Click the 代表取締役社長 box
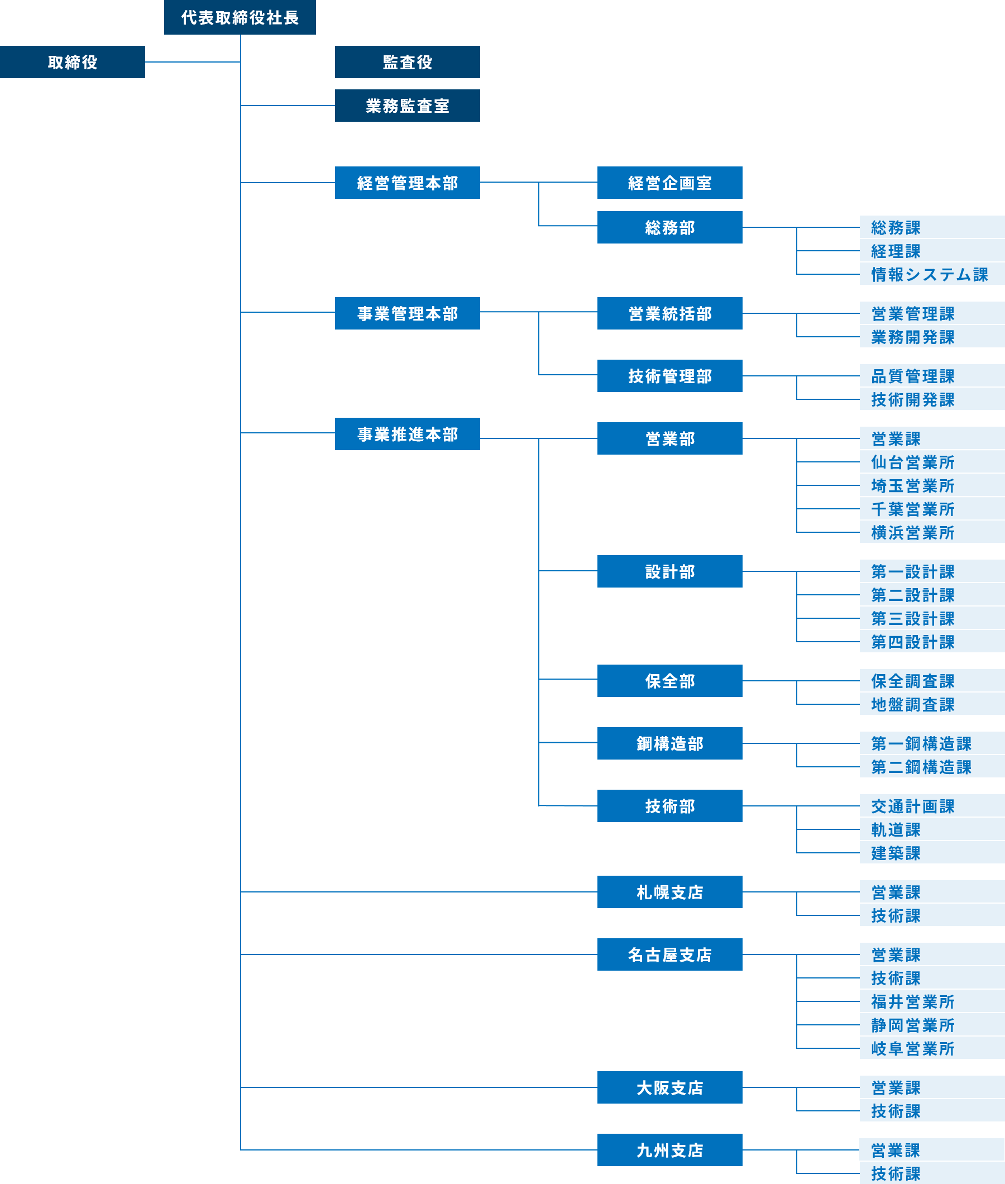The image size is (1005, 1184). (240, 17)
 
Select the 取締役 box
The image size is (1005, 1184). (73, 62)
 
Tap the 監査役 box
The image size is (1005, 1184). (408, 62)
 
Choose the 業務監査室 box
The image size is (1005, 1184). (408, 106)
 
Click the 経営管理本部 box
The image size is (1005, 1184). (408, 182)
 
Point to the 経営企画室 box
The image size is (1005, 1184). (669, 182)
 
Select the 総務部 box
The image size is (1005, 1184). (669, 227)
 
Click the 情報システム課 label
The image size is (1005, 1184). (929, 275)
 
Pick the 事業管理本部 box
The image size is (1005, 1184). (408, 313)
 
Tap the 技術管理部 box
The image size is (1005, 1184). (669, 376)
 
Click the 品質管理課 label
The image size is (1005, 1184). (913, 376)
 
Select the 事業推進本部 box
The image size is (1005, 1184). (408, 434)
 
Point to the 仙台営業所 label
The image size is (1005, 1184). (913, 462)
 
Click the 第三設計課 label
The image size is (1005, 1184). (913, 618)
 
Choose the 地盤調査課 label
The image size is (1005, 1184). (913, 704)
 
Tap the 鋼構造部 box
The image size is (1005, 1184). (669, 743)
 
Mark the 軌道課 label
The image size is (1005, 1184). (896, 829)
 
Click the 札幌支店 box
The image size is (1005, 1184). (669, 892)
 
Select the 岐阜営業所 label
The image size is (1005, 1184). (913, 1048)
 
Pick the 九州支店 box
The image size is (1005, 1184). (669, 1150)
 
